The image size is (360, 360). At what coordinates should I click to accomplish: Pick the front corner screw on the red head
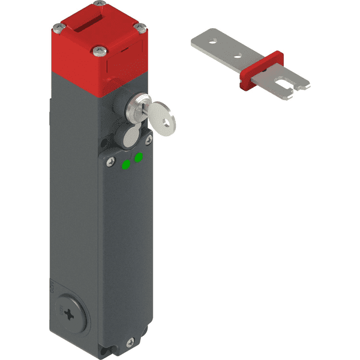point(96,50)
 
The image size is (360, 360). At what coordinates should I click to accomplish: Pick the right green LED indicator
point(139,158)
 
